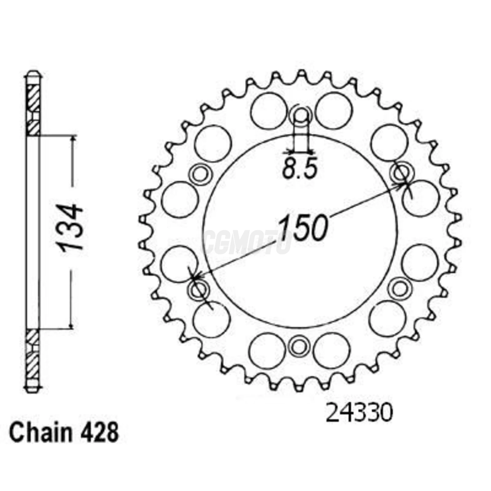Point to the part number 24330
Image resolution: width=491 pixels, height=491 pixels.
[359, 413]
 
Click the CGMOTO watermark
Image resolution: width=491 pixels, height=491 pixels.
[247, 242]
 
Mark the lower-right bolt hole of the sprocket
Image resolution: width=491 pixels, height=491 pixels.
[399, 288]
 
